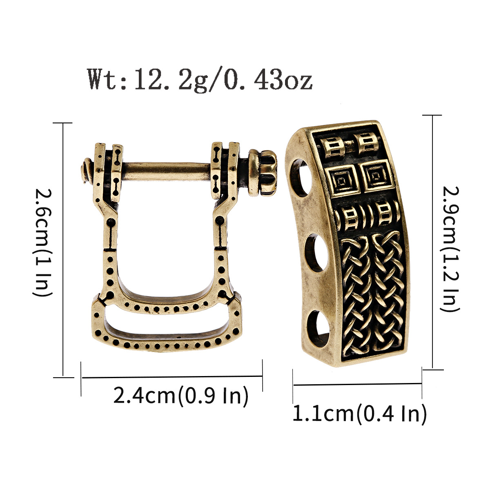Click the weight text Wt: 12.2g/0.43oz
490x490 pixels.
tap(200, 78)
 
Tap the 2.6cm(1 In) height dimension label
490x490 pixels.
tap(42, 243)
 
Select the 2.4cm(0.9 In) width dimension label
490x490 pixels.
tap(180, 396)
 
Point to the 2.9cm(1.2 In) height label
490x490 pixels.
tap(450, 249)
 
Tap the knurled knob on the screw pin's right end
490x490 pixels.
tap(262, 173)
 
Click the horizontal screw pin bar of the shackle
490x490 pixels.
tap(167, 171)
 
